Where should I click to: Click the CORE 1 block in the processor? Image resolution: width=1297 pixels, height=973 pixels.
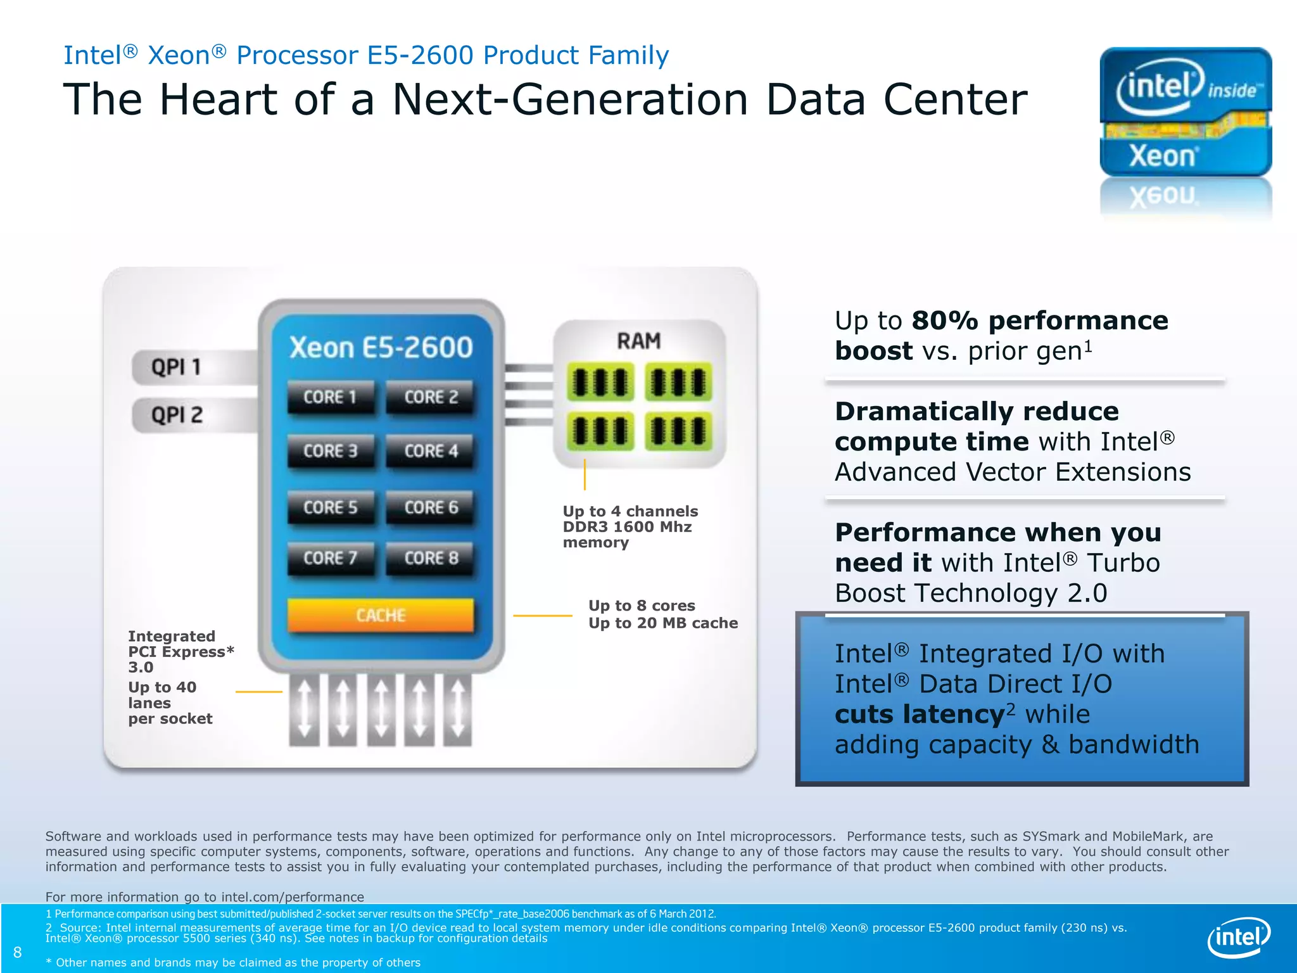(x=330, y=397)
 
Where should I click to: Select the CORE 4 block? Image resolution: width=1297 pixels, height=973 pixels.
(x=431, y=451)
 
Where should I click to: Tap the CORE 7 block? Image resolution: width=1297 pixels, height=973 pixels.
(x=330, y=558)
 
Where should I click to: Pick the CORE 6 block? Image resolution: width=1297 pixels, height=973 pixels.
(x=431, y=507)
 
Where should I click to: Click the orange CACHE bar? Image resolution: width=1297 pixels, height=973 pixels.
(x=380, y=615)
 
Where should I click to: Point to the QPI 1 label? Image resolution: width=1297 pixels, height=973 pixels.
(x=176, y=367)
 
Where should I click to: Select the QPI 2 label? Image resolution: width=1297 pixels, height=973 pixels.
(x=177, y=415)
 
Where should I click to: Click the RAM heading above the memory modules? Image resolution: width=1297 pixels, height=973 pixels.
(x=639, y=341)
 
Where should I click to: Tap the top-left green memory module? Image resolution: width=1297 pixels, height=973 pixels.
(x=600, y=382)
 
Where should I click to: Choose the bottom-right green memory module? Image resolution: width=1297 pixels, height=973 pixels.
(x=678, y=431)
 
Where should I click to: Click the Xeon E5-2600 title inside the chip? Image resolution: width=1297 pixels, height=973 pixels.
(x=381, y=347)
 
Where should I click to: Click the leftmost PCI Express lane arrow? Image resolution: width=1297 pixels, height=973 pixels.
(x=304, y=709)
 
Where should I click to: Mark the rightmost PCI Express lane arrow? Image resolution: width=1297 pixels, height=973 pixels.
(x=458, y=709)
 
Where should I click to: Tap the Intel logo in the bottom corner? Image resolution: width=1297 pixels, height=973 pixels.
(x=1239, y=937)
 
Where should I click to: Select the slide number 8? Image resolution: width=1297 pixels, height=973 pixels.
(x=18, y=952)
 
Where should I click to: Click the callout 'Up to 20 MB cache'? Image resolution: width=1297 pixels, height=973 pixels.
(x=663, y=623)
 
